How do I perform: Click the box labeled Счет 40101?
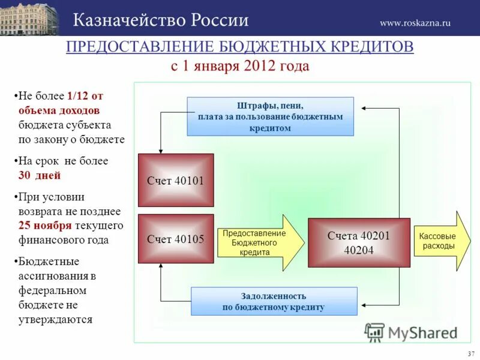coord(176,180)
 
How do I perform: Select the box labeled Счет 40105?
coord(176,239)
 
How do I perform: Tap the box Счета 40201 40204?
coord(359,242)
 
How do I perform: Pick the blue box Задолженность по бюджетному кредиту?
coord(274,301)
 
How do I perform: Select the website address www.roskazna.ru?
coord(415,23)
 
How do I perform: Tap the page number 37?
coord(470,353)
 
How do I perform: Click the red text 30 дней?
coord(40,176)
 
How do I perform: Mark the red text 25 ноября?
coord(45,226)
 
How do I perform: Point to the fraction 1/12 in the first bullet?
coord(77,95)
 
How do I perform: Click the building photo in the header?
coord(29,19)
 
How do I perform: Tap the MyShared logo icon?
coord(374,331)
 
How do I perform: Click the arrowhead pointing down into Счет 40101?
coord(161,151)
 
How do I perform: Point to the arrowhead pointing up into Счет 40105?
coord(161,267)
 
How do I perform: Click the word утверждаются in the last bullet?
coord(55,320)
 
